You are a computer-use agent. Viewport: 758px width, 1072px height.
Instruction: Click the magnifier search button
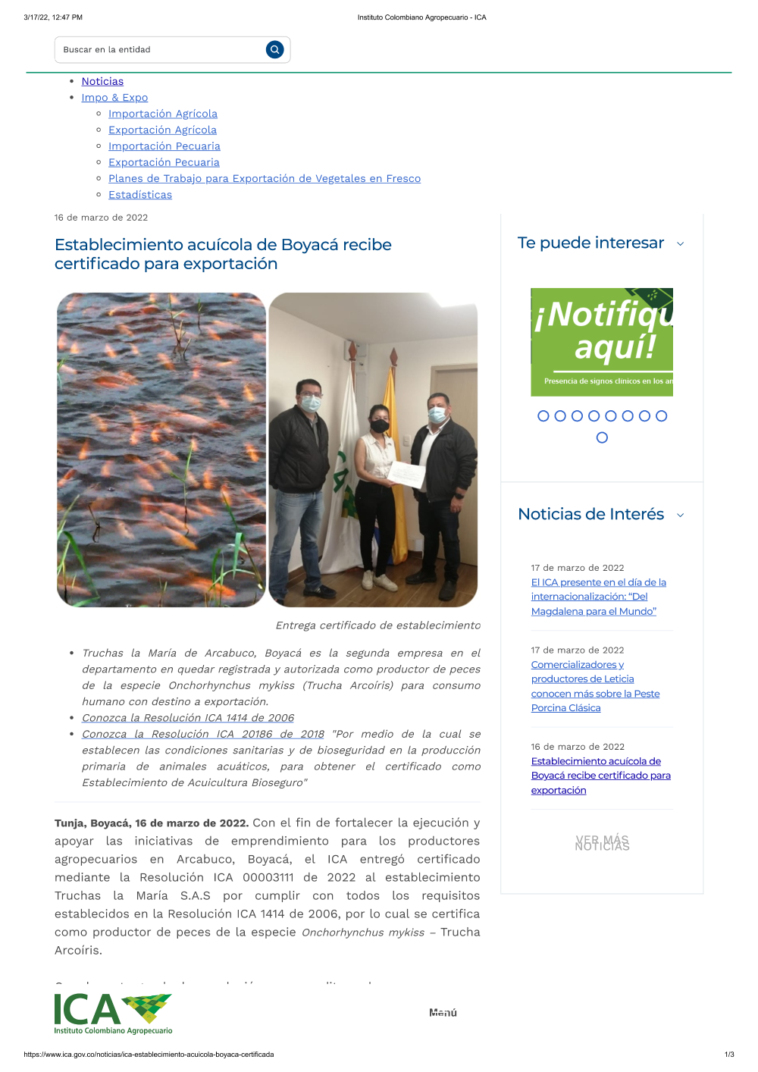click(274, 49)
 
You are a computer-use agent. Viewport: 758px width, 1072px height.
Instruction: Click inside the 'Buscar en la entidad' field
click(159, 49)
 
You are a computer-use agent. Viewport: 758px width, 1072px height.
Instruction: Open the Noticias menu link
click(102, 81)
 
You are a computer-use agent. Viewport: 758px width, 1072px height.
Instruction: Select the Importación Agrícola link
click(162, 114)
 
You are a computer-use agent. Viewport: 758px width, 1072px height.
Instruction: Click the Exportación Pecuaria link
click(164, 162)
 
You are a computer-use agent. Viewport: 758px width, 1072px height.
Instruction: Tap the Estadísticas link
click(140, 195)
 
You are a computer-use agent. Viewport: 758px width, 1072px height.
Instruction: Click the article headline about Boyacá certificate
click(223, 254)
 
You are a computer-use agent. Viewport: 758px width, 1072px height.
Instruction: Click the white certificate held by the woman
click(406, 474)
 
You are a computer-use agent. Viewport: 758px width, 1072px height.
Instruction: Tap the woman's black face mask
click(379, 426)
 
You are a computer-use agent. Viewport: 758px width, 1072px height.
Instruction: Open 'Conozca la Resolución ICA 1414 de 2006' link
click(188, 718)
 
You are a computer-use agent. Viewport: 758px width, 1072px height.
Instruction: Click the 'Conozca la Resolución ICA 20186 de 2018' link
click(203, 734)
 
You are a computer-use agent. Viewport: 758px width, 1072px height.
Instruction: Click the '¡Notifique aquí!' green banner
click(602, 342)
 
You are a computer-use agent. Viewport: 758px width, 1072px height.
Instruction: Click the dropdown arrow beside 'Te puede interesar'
click(680, 244)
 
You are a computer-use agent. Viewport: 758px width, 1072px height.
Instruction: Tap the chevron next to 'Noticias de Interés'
click(680, 516)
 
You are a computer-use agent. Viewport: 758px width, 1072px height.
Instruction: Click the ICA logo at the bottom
click(113, 1013)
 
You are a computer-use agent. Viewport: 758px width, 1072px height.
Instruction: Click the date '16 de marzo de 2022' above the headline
click(101, 218)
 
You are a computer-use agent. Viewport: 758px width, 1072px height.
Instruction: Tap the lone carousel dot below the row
click(602, 437)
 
